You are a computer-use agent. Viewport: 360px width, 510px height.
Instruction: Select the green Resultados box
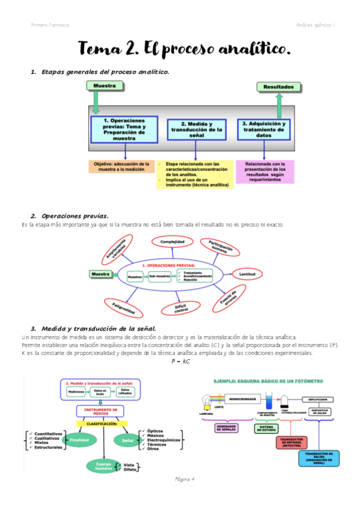278,87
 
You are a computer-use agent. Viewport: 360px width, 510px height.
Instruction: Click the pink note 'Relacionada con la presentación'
265,171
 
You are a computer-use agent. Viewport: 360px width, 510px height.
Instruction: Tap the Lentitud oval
247,274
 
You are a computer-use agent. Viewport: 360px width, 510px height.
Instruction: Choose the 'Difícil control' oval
182,309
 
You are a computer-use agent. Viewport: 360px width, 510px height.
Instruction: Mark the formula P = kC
180,362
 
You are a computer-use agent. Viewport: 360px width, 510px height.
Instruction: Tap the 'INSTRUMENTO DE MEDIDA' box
100,411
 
